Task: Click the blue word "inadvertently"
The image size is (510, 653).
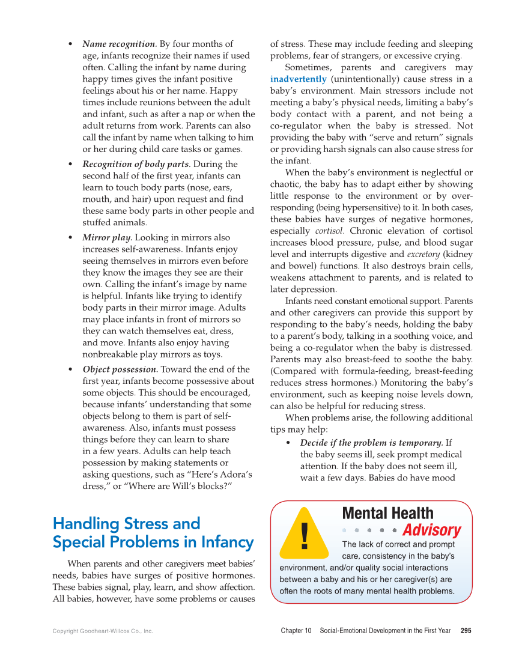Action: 299,79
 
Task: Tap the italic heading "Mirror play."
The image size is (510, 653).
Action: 107,238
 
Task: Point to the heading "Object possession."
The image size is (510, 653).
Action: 120,369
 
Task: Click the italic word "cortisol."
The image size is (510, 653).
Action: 330,231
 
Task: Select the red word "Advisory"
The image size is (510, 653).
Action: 431,531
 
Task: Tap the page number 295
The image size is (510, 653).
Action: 466,631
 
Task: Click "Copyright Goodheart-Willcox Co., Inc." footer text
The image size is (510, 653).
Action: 103,631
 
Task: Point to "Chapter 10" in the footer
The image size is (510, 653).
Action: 296,631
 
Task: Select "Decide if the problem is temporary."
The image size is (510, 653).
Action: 372,443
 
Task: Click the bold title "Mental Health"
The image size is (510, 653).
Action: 387,514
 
